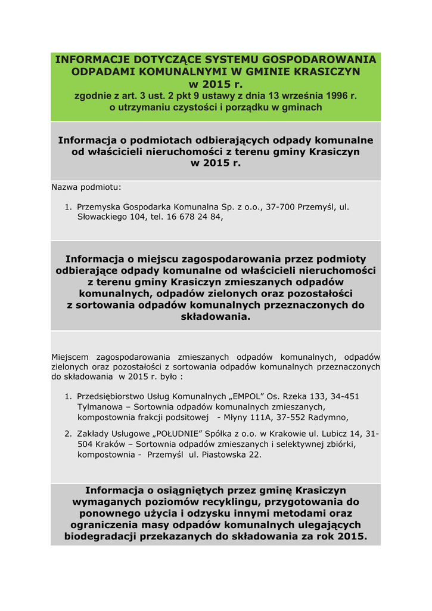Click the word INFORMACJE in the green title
click(x=90, y=60)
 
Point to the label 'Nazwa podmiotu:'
click(x=86, y=187)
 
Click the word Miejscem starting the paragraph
click(x=72, y=357)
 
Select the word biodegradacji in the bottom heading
click(x=101, y=536)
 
